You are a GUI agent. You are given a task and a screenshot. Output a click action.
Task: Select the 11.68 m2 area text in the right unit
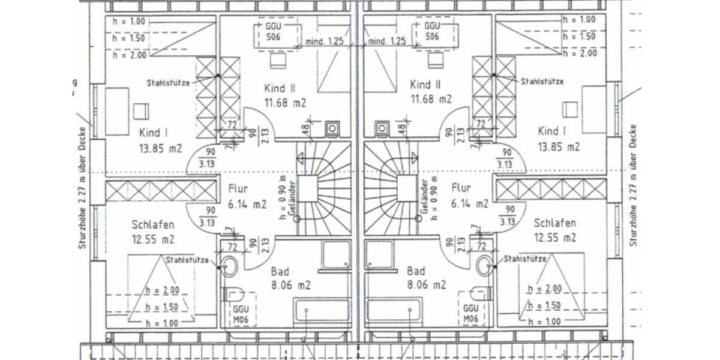coord(431,99)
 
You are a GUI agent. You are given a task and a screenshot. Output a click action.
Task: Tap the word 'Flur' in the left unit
coord(238,189)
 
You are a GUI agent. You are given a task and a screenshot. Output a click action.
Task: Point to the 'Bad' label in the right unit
coord(416,271)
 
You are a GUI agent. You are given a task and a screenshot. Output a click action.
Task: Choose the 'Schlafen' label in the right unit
coord(555,223)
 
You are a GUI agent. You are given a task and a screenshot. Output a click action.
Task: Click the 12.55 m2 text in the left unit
coord(152,239)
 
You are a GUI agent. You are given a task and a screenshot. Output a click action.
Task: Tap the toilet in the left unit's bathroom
coord(233,295)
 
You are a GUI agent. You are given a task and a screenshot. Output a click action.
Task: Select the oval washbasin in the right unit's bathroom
coord(484,264)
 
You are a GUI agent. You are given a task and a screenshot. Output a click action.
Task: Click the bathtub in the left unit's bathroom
coord(322,311)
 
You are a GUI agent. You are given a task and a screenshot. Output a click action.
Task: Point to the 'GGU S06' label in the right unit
coord(431,32)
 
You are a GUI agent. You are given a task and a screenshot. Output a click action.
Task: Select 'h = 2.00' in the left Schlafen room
coord(162,290)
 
